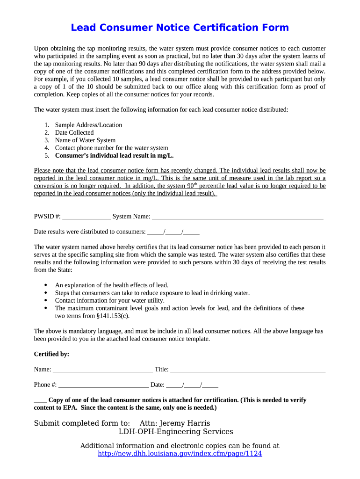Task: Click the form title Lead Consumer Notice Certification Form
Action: point(180,28)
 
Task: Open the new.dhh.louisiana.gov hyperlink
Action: point(180,454)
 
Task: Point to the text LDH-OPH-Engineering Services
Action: point(175,432)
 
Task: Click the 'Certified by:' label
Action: point(51,354)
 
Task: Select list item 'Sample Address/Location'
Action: point(88,125)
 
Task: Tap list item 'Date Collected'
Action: point(74,132)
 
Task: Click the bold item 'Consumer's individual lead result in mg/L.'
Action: point(117,155)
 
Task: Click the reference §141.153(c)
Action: point(112,316)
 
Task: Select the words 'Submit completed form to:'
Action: point(82,423)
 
